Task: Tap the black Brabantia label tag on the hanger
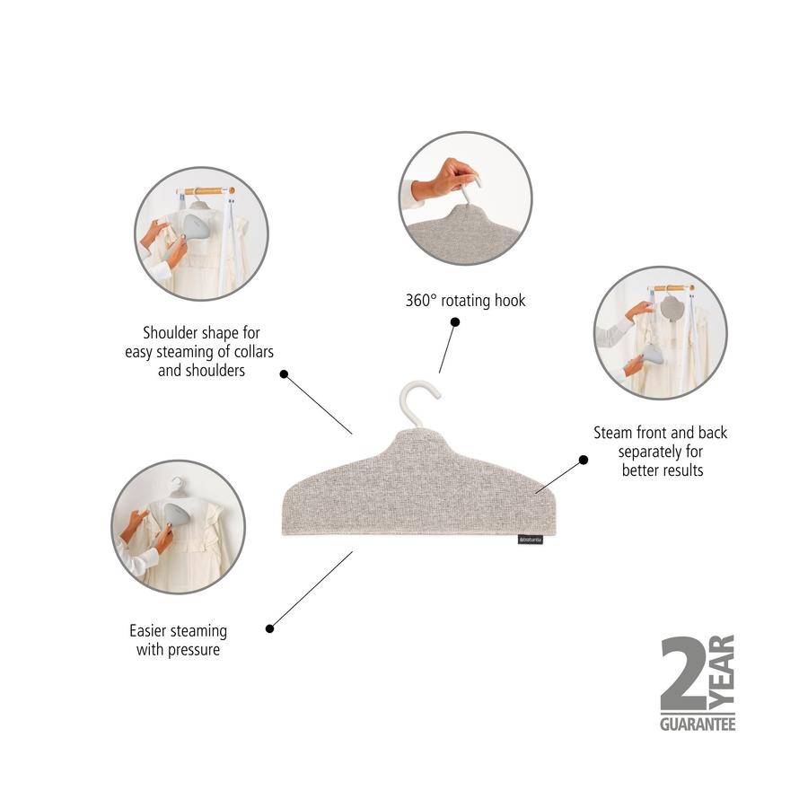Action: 531,540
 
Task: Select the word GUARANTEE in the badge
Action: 698,724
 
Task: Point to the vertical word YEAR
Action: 723,673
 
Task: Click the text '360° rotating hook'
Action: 465,301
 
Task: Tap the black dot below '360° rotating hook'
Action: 455,322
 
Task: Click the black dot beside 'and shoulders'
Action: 284,374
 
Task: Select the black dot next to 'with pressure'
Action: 269,628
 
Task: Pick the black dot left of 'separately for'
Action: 584,460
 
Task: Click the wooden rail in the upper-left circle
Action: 206,191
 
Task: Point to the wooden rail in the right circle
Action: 671,288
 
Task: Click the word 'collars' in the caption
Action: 253,352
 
